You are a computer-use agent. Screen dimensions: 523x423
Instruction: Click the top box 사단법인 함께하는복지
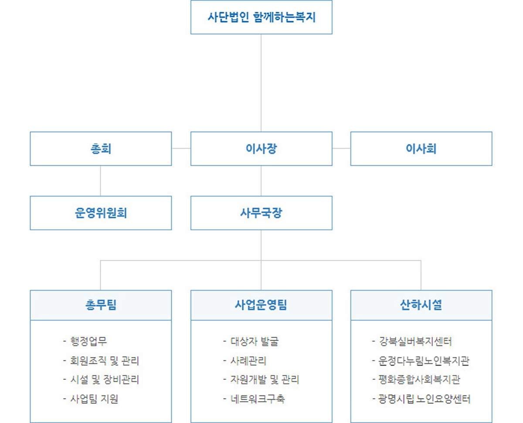(x=261, y=17)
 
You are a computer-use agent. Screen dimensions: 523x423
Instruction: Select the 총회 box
(x=101, y=149)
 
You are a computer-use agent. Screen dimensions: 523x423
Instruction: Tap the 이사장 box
(x=261, y=149)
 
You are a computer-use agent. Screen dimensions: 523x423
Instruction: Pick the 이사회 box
(x=421, y=149)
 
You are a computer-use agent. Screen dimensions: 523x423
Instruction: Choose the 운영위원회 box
(x=101, y=213)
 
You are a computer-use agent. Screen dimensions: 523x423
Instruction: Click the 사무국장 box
(x=261, y=213)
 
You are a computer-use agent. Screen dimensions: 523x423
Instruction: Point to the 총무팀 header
(x=101, y=305)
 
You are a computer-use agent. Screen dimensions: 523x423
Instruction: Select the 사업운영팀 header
(x=261, y=305)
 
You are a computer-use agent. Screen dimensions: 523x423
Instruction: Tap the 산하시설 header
(x=421, y=305)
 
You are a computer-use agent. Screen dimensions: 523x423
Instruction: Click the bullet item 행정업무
(x=85, y=341)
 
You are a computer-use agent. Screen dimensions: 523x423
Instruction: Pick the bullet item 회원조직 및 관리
(x=101, y=361)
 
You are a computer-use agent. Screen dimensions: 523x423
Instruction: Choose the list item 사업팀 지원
(x=91, y=399)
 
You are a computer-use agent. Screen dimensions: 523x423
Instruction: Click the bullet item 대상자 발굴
(x=251, y=341)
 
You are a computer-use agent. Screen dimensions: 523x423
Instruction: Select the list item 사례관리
(x=245, y=361)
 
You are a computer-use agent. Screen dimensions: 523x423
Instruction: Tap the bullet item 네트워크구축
(x=254, y=399)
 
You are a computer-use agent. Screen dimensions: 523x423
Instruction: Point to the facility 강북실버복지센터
(x=412, y=341)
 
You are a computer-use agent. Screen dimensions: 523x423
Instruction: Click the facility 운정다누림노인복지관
(x=421, y=361)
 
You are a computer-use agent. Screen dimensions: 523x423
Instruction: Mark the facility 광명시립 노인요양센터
(x=421, y=399)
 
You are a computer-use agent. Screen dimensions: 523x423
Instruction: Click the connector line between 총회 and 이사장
(x=181, y=148)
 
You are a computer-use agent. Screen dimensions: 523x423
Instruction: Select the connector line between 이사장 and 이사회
(x=341, y=148)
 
